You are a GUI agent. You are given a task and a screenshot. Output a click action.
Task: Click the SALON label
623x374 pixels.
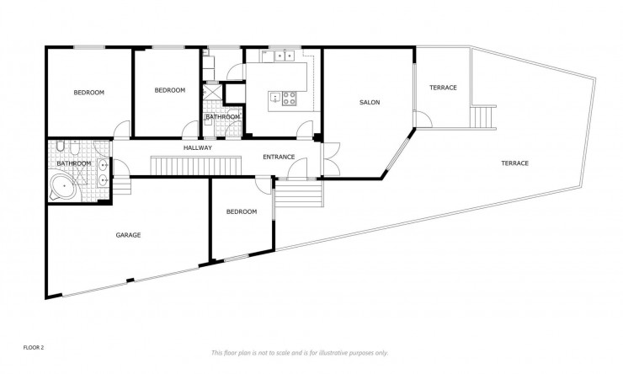[370, 103]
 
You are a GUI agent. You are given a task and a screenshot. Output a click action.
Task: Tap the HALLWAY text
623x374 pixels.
[197, 147]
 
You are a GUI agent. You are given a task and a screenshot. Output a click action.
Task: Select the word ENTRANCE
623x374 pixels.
[279, 157]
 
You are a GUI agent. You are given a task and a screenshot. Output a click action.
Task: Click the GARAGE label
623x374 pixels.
[128, 235]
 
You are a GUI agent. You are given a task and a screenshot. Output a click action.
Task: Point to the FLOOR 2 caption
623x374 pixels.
[33, 346]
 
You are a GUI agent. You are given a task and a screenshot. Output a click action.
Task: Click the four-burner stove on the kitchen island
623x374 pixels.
[289, 98]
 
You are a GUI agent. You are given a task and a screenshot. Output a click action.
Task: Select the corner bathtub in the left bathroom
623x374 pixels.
[62, 187]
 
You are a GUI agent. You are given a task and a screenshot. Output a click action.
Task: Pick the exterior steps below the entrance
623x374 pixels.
[300, 197]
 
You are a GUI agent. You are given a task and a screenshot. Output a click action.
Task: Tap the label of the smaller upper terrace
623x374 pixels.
[443, 88]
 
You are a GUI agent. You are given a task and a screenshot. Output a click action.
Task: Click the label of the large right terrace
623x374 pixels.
[514, 163]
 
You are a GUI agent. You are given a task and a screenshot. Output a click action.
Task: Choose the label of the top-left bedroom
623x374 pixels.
[88, 93]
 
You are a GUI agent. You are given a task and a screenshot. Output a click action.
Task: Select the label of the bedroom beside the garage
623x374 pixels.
[242, 211]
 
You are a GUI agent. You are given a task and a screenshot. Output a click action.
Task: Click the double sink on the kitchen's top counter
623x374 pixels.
[277, 57]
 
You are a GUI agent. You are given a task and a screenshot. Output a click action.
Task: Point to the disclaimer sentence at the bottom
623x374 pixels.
[299, 352]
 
